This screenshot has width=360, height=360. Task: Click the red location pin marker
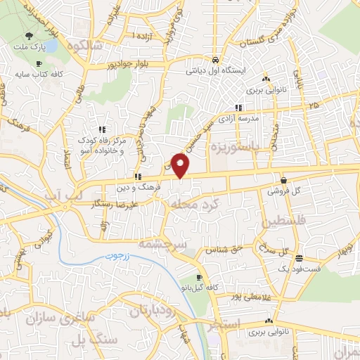[181, 166]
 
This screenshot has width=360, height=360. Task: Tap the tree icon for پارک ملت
[28, 34]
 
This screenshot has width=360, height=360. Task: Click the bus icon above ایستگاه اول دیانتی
[215, 59]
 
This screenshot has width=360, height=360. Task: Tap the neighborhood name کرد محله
[193, 204]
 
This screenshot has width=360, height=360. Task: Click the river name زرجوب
[122, 257]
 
